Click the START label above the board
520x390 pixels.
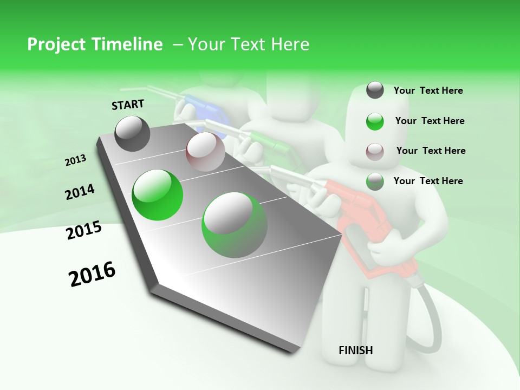pos(128,105)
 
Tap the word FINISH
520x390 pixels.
pos(355,350)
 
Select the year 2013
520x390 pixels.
pos(75,160)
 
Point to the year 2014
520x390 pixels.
pos(80,192)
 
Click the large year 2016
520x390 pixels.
pos(92,275)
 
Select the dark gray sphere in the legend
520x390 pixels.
pos(375,90)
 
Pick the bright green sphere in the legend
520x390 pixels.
pos(375,121)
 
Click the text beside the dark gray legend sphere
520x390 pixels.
pos(428,91)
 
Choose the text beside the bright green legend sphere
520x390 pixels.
pos(430,121)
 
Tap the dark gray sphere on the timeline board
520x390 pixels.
pos(133,133)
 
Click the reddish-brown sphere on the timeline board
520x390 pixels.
pos(205,152)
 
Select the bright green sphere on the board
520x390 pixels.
pos(158,195)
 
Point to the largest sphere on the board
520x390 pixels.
pos(234,225)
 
